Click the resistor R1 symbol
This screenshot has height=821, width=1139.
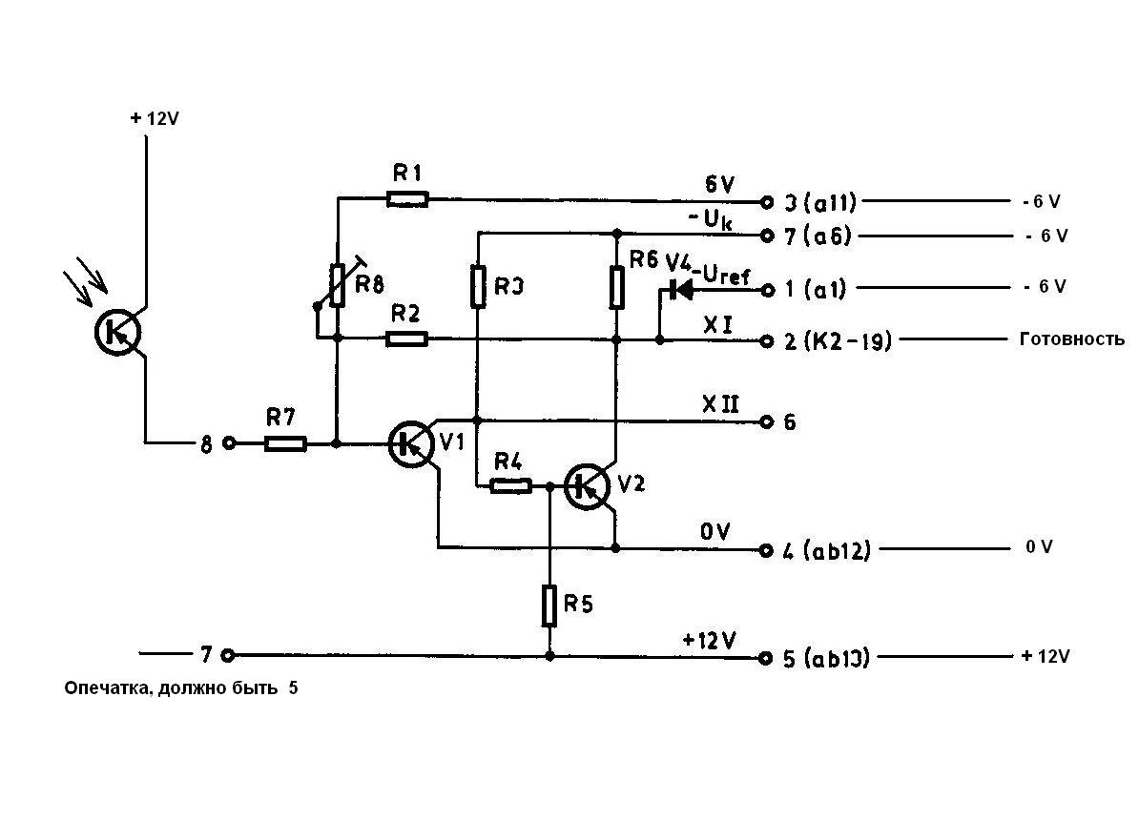407,199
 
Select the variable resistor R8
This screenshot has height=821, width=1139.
337,286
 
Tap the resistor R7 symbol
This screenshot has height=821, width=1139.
285,443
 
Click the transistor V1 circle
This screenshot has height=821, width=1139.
411,443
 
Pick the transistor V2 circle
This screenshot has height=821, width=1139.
586,486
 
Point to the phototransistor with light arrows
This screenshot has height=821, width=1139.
118,332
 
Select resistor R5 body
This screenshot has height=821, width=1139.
549,605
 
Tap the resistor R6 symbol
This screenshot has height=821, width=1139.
616,286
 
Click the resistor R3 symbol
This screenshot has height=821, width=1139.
477,286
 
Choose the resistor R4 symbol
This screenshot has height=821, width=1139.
510,486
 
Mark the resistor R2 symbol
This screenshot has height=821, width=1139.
407,339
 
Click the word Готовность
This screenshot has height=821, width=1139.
1072,339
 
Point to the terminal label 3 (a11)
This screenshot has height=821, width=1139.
818,202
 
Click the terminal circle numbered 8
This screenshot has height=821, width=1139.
228,443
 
